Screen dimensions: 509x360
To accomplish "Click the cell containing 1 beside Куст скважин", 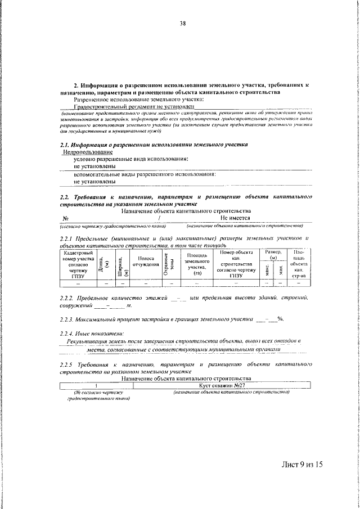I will [96, 385].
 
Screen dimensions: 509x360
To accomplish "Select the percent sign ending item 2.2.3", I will [280, 319].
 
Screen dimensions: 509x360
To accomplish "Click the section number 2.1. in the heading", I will [65, 144].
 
